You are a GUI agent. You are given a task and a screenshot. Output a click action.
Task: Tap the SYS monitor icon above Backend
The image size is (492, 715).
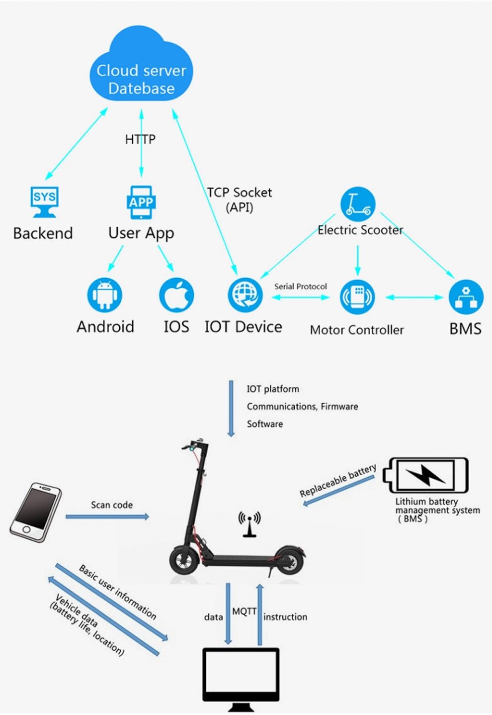(x=44, y=202)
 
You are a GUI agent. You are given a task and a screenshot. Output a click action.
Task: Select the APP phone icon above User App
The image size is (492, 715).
(x=141, y=202)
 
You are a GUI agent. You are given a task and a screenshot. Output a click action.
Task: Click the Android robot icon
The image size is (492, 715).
(x=104, y=295)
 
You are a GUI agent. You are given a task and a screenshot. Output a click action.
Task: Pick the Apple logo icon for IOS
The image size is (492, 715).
(x=176, y=295)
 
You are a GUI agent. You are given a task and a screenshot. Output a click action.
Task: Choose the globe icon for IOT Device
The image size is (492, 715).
(x=245, y=295)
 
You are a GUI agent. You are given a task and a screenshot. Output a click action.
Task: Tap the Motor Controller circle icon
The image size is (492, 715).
(x=357, y=297)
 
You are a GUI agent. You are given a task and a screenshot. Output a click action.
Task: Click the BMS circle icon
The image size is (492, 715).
(x=466, y=297)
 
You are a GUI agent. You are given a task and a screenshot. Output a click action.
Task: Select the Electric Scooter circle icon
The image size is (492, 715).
(x=358, y=204)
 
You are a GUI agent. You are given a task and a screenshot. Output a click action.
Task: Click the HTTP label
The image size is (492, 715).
(x=140, y=139)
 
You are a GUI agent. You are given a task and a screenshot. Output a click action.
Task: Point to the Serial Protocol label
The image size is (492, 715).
(x=301, y=286)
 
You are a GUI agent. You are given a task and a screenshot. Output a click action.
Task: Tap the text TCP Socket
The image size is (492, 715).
(x=240, y=193)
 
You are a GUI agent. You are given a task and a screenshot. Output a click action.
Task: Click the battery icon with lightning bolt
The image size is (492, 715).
(x=426, y=475)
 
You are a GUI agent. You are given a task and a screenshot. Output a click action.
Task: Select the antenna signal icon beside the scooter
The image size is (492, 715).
(x=249, y=524)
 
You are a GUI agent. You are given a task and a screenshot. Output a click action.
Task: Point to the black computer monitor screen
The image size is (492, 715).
(x=241, y=677)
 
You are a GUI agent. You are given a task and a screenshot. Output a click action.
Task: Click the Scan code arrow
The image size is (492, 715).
(x=107, y=516)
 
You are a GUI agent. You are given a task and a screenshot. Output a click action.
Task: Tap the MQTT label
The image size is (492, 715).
(x=244, y=612)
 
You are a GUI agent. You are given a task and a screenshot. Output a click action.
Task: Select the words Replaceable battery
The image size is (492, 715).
(x=338, y=480)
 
